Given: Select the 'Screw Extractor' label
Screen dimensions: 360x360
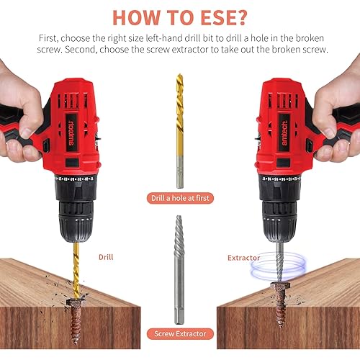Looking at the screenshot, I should (179, 333).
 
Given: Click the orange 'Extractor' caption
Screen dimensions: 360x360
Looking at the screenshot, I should (243, 256).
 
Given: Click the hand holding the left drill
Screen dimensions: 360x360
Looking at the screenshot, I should (22, 108).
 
